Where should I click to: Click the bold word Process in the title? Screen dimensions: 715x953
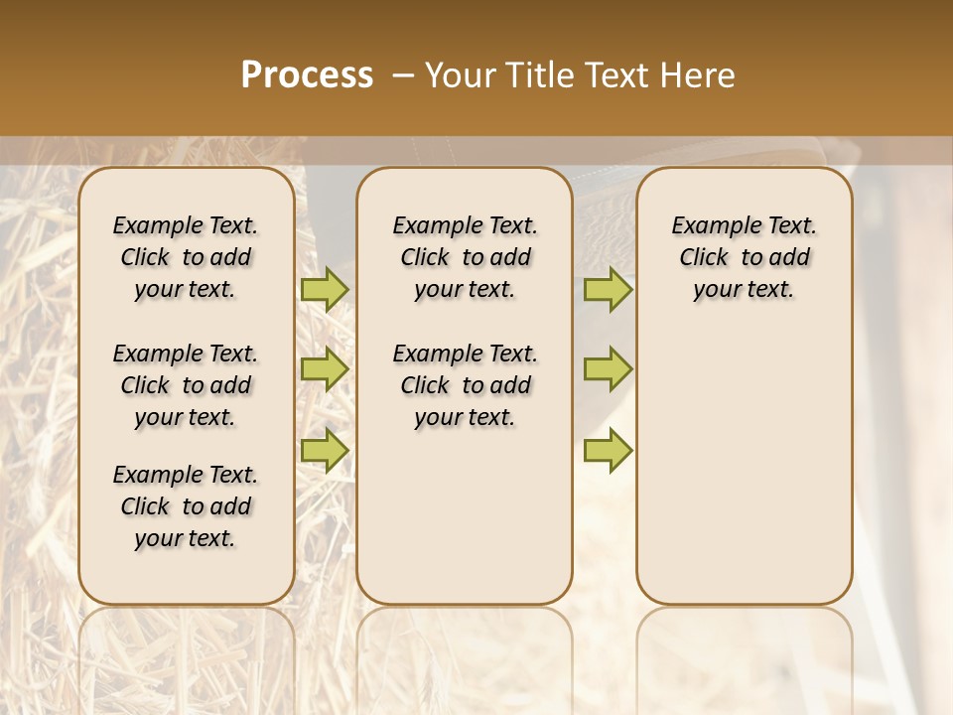click(x=307, y=75)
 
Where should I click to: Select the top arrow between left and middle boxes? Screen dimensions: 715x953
click(x=325, y=289)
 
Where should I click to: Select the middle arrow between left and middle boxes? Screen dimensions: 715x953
click(x=325, y=369)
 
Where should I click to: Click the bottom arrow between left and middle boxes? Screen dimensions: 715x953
click(x=325, y=450)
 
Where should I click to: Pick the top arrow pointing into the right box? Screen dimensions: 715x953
click(x=608, y=289)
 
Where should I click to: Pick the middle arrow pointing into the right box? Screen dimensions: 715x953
click(x=608, y=369)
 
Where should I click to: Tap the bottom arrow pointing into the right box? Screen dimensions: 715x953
click(x=608, y=450)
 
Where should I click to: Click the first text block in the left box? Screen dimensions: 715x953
click(x=186, y=257)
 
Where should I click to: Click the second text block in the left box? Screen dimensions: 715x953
click(x=186, y=385)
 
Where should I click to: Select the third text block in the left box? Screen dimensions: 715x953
click(x=186, y=506)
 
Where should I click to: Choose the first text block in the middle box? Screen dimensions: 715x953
click(x=465, y=257)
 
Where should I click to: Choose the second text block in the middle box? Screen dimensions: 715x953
click(x=465, y=385)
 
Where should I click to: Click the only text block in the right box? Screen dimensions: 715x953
click(x=744, y=257)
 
